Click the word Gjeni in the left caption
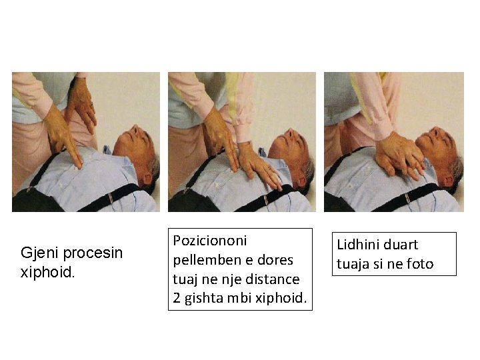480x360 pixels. click(39, 253)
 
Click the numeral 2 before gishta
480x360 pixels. click(177, 298)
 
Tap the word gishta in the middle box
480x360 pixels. click(203, 298)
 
